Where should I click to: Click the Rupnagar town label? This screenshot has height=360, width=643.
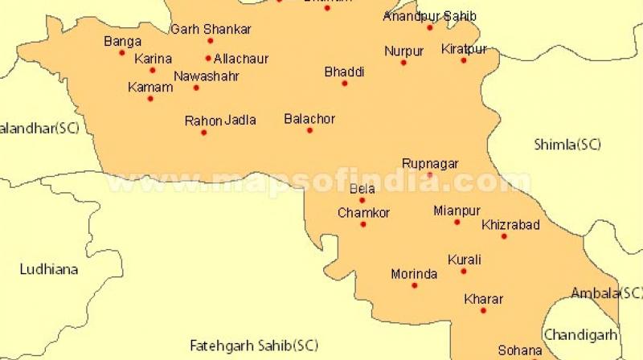pos(430,163)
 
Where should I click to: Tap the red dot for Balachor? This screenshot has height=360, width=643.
pos(309,130)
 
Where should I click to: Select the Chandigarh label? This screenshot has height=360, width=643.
pos(581,334)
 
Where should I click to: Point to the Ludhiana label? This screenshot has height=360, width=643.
pos(49,269)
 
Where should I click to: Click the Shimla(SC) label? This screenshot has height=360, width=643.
pos(567,145)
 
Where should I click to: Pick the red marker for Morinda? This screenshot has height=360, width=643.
pos(415,285)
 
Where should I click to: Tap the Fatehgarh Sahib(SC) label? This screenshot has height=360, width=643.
pos(253,346)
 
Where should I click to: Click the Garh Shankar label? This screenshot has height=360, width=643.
pos(211,30)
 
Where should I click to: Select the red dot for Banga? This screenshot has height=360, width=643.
pos(122,53)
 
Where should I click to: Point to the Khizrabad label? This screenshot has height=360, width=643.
pos(510,225)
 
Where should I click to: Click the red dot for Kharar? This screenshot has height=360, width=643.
pos(483,310)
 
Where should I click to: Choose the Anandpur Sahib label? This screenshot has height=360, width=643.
pos(429,16)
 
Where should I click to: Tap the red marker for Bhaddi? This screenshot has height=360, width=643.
pos(345,84)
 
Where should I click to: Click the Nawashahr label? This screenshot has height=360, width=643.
pos(207,76)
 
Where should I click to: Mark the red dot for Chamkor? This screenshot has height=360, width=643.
pos(362,224)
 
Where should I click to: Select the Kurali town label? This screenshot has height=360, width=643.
pos(465,260)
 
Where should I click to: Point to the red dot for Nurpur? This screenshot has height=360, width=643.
pos(403,63)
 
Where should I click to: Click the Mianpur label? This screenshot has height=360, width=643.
pos(457,211)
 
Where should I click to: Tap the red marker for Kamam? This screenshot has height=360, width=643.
pos(150,99)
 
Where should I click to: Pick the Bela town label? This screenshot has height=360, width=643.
pos(362,189)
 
